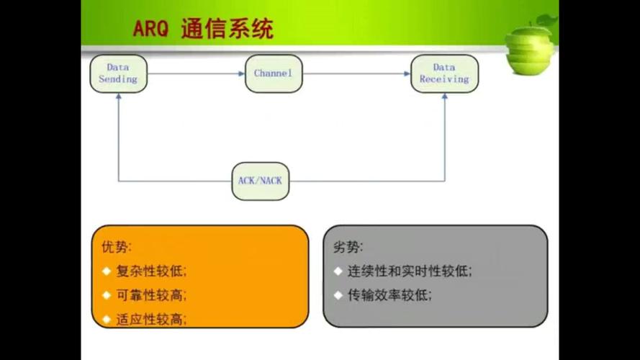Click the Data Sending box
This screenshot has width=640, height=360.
[x=118, y=73]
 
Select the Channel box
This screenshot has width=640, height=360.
[x=274, y=73]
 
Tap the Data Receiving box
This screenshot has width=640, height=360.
[x=444, y=73]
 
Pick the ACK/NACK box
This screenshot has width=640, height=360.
[x=260, y=180]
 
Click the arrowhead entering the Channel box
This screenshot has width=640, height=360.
[x=241, y=73]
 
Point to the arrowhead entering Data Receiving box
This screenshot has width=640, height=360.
[x=407, y=73]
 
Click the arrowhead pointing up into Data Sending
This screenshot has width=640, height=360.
[x=118, y=96]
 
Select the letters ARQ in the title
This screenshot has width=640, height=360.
[x=150, y=30]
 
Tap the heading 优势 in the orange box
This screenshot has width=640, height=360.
[x=116, y=247]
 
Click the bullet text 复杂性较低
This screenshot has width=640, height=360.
[x=150, y=271]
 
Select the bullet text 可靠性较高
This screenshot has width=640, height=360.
[x=150, y=295]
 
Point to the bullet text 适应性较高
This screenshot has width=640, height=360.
[x=150, y=319]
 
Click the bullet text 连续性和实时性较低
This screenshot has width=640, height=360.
[x=410, y=271]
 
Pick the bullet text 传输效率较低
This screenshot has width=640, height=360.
[x=389, y=295]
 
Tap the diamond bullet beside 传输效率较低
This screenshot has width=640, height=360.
[x=338, y=295]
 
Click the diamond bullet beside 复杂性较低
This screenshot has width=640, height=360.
[x=106, y=271]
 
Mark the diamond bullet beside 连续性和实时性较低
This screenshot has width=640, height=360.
[x=338, y=271]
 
